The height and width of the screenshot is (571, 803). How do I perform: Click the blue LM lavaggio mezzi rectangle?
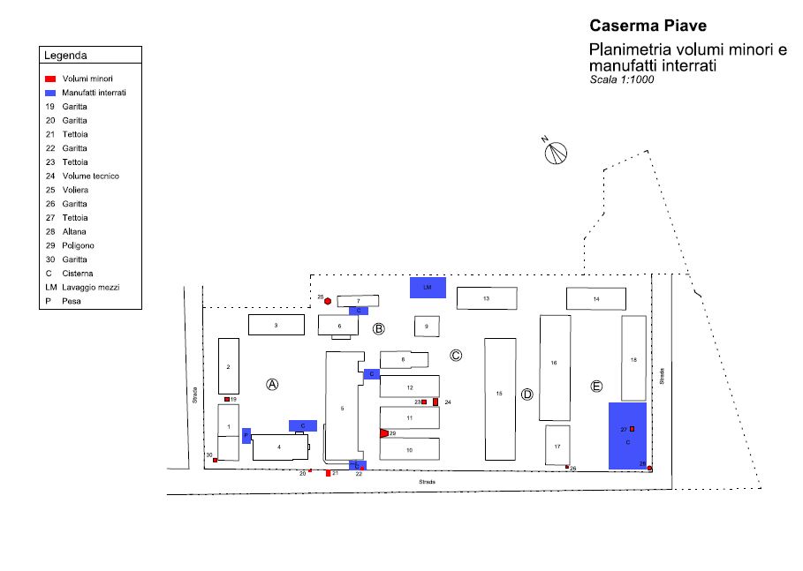pos(428,288)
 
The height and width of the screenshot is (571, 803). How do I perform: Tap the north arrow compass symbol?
pos(556,153)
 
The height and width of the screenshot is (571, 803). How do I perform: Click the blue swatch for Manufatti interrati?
pos(51,93)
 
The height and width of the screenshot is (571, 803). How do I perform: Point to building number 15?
pos(500,394)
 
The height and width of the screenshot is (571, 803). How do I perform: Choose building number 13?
pos(487,299)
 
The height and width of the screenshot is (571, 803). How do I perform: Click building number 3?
pos(277,325)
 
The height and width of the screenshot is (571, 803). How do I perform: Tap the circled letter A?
pos(273,384)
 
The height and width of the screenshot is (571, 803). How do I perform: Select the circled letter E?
pos(596,387)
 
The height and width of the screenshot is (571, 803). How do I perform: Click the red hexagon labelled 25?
pos(328,301)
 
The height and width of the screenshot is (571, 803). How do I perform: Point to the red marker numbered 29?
pos(383,433)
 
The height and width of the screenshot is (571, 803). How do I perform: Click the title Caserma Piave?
pos(648,26)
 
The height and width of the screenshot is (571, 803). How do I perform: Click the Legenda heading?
pos(65,56)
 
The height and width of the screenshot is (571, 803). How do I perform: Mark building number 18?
pos(633,359)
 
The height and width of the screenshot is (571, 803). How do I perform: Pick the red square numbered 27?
pos(633,429)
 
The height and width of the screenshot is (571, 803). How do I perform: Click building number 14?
pos(596,299)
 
